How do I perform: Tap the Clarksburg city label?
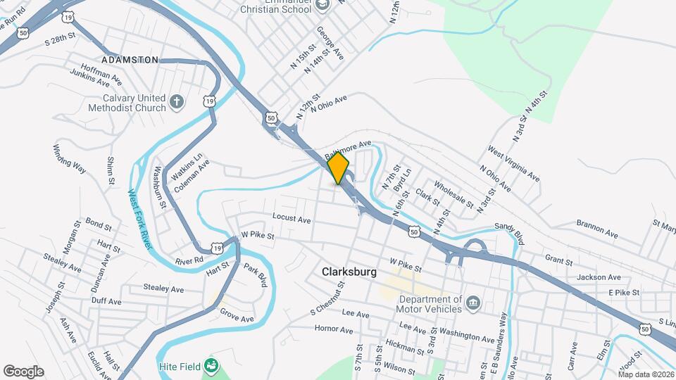coord(349,272)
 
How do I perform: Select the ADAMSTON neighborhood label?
coord(130,60)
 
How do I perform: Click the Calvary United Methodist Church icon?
coord(176,103)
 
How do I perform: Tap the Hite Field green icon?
coord(210,365)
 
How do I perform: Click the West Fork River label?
coord(140,218)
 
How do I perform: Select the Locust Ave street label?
coord(291,220)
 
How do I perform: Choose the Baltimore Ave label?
coord(348,149)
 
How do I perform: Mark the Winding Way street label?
coord(69,159)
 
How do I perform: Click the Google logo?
coord(23,372)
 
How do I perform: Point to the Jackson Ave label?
coord(599,277)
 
